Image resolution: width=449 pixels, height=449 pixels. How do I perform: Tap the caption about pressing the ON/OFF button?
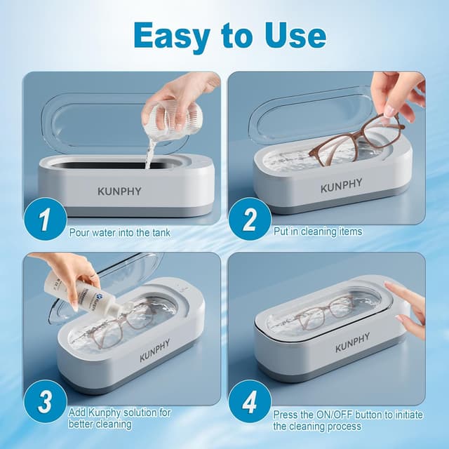click(x=348, y=420)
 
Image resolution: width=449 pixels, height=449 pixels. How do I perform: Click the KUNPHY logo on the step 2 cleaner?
click(x=342, y=185)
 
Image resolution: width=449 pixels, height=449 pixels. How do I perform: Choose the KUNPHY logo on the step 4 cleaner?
click(x=352, y=344)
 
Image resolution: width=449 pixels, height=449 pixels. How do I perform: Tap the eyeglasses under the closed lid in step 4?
click(x=324, y=311)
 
